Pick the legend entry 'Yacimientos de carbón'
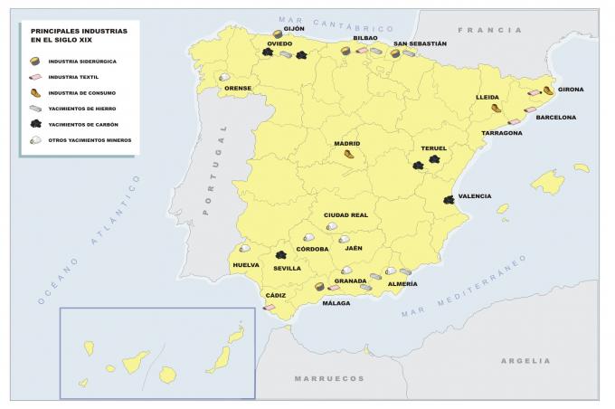click(x=82, y=124)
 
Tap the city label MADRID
click(x=347, y=144)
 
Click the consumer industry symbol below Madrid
click(x=348, y=155)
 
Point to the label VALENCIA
click(x=475, y=196)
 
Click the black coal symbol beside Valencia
click(x=449, y=199)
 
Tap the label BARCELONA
click(x=555, y=117)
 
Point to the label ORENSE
click(x=238, y=88)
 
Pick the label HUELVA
click(x=246, y=265)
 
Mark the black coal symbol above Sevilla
click(x=281, y=256)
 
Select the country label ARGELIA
click(x=525, y=360)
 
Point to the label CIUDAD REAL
click(x=345, y=214)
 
